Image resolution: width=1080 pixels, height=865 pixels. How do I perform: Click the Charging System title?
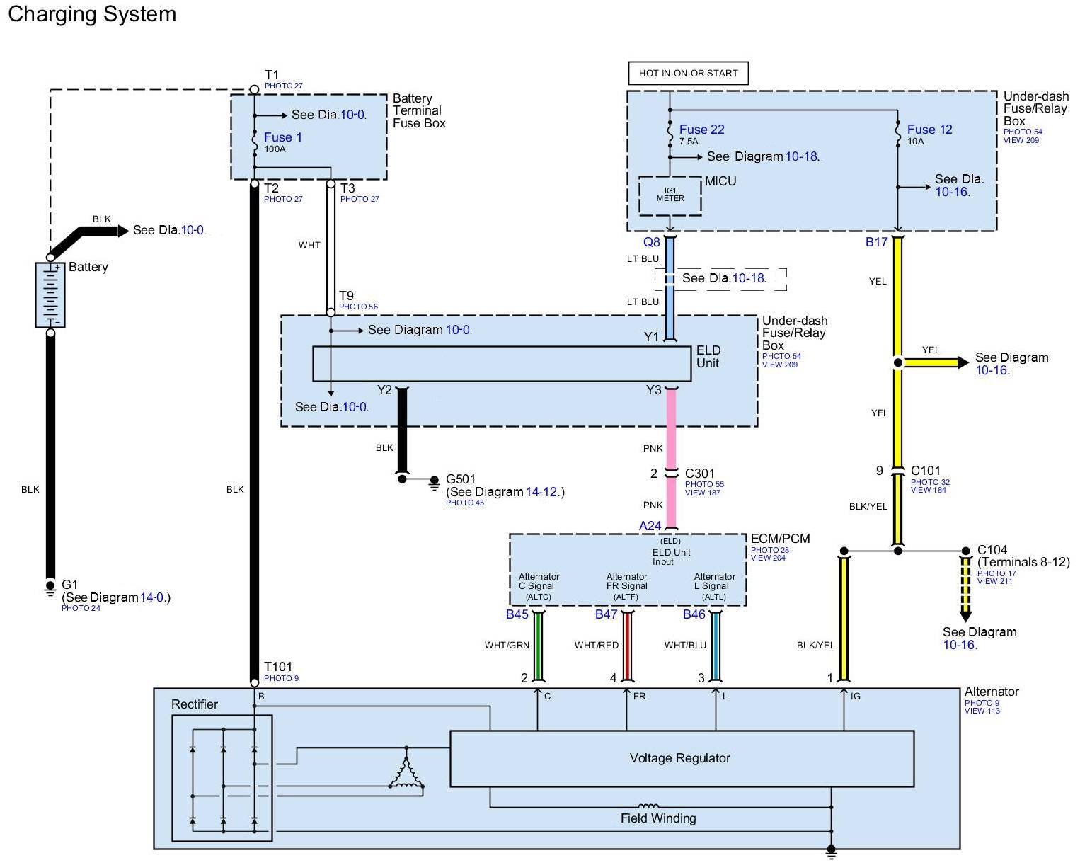tap(92, 14)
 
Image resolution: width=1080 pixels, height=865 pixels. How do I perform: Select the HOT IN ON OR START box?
tap(688, 73)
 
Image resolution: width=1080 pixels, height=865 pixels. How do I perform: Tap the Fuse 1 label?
tap(283, 137)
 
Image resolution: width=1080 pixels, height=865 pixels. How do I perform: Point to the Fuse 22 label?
tap(701, 130)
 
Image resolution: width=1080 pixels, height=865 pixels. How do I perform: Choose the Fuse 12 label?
tap(929, 130)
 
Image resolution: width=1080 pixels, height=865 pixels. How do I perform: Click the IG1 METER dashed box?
tap(670, 195)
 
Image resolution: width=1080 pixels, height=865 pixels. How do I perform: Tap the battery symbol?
tap(50, 294)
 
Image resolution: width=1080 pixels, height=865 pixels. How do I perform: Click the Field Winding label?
tap(658, 818)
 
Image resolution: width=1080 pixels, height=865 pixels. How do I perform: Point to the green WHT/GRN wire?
tap(538, 646)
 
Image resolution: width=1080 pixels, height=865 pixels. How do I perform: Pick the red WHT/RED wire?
tap(627, 646)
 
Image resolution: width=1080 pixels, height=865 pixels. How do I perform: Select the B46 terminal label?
tap(694, 614)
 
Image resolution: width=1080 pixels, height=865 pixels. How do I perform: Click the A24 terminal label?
tap(650, 526)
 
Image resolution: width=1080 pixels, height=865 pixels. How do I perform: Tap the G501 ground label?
tap(461, 479)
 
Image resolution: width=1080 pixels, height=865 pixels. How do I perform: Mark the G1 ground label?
tap(69, 585)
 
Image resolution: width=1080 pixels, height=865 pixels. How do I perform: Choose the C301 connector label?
tap(699, 474)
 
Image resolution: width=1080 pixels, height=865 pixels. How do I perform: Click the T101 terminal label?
tap(278, 667)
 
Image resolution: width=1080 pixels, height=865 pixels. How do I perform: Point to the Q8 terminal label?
tap(652, 242)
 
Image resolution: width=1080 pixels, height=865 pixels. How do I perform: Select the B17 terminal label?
tap(876, 242)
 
